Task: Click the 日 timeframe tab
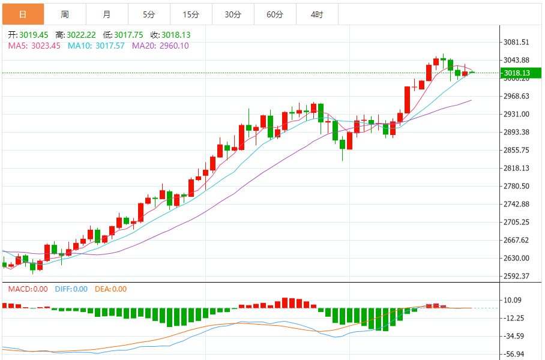23,14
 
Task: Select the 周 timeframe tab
65,14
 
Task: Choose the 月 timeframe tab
107,14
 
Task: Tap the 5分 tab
149,14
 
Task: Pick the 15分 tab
191,14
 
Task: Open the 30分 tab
233,14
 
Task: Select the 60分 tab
275,14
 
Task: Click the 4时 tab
317,14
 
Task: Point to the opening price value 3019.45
34,35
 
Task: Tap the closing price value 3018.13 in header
176,35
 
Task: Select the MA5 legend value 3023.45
47,46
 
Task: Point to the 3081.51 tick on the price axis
516,43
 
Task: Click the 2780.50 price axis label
516,186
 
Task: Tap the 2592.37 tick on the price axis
516,276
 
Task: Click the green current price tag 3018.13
516,73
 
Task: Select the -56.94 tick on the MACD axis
516,354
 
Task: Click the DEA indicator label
103,289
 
